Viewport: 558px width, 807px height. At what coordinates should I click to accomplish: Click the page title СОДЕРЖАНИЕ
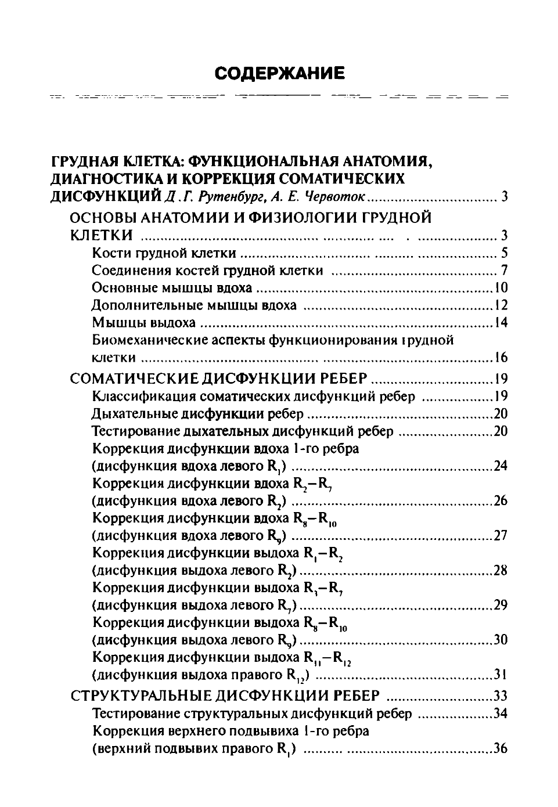coord(279,73)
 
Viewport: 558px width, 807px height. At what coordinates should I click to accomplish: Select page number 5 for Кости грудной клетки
coord(504,253)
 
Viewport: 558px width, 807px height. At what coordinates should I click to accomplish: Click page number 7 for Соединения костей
coord(504,271)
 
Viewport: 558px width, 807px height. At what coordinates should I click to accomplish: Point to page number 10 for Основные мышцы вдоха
coord(501,288)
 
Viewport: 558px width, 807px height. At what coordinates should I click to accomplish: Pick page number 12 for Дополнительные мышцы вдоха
coord(501,305)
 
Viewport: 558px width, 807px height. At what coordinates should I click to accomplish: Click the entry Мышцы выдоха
coord(143,323)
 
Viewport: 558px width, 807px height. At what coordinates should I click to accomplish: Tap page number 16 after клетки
coord(501,357)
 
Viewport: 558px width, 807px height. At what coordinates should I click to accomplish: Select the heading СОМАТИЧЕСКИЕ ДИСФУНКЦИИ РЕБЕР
coord(218,379)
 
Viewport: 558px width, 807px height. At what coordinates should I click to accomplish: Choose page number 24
coord(501,466)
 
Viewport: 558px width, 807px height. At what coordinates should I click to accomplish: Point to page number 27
coord(501,535)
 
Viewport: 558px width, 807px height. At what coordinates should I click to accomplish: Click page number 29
coord(501,605)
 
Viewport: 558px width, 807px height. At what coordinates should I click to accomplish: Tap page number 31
coord(501,675)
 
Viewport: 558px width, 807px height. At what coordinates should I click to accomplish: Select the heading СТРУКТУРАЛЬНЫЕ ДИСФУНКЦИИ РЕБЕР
coord(225,696)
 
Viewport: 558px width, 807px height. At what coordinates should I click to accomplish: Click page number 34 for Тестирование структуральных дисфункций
coord(501,714)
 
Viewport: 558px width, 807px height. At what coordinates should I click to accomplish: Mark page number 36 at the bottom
coord(501,748)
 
